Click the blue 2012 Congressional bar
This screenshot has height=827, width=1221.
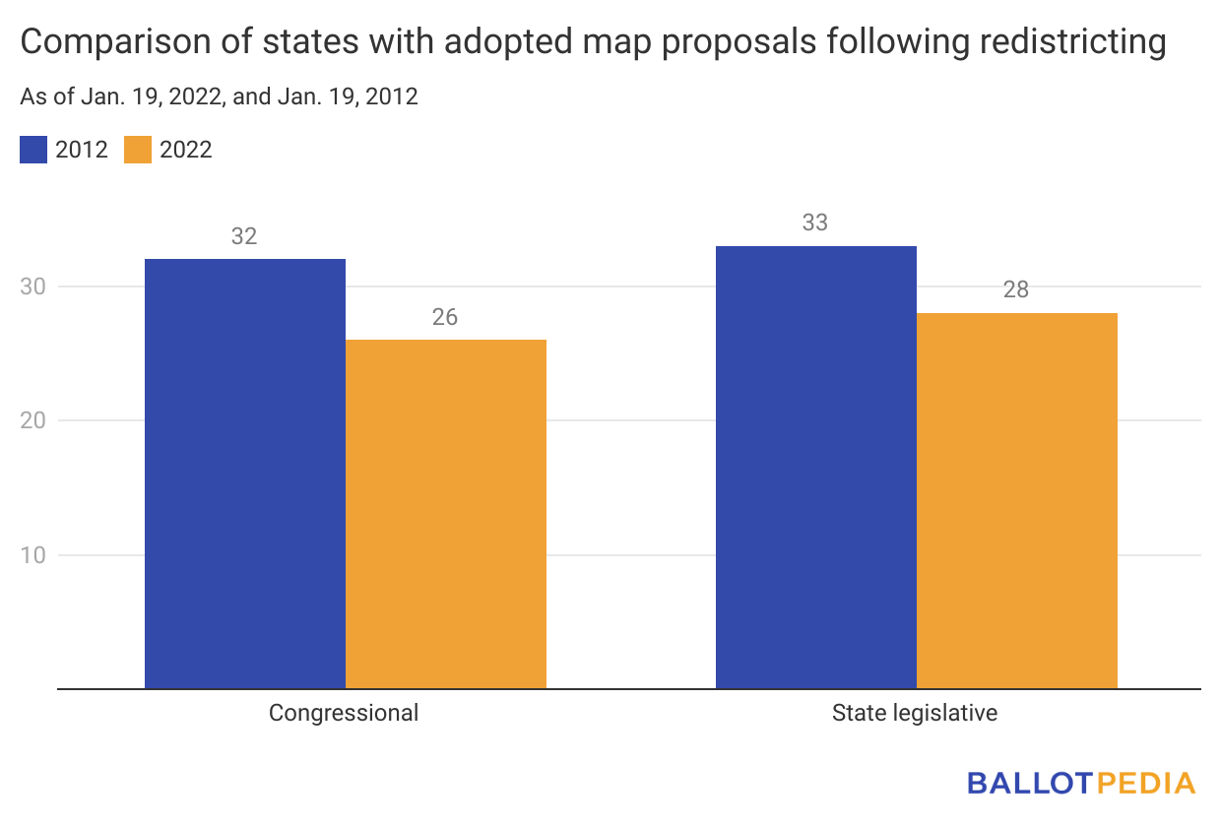pyautogui.click(x=245, y=474)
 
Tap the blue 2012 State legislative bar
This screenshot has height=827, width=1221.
pyautogui.click(x=816, y=467)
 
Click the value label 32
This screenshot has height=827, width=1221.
pyautogui.click(x=244, y=236)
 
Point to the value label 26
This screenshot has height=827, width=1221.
pyautogui.click(x=445, y=317)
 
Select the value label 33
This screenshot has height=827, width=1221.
pyautogui.click(x=815, y=223)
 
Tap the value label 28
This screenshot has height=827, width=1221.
pyautogui.click(x=1016, y=290)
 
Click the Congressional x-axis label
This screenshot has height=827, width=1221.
pyautogui.click(x=344, y=713)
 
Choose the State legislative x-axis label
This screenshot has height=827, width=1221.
pyautogui.click(x=915, y=713)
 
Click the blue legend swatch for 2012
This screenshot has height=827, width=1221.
pyautogui.click(x=33, y=150)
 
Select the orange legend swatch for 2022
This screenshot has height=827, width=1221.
pyautogui.click(x=138, y=150)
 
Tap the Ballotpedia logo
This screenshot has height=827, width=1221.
pyautogui.click(x=1081, y=784)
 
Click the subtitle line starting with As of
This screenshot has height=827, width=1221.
pyautogui.click(x=219, y=97)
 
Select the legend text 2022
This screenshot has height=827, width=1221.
pyautogui.click(x=186, y=150)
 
